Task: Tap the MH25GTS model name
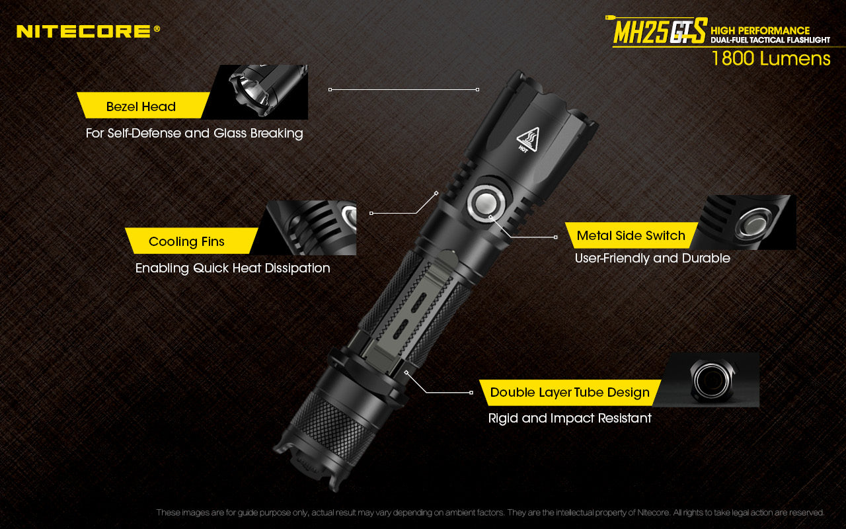click(659, 32)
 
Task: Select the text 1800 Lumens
click(771, 59)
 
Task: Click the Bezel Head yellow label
click(141, 106)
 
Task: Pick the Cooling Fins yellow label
click(186, 241)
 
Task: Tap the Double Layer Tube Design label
click(570, 392)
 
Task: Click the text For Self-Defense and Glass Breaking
click(194, 134)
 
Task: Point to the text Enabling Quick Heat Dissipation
click(233, 268)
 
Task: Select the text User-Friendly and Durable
click(652, 259)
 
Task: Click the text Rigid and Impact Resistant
click(570, 419)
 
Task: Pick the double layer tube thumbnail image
click(712, 380)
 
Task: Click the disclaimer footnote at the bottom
click(490, 512)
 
